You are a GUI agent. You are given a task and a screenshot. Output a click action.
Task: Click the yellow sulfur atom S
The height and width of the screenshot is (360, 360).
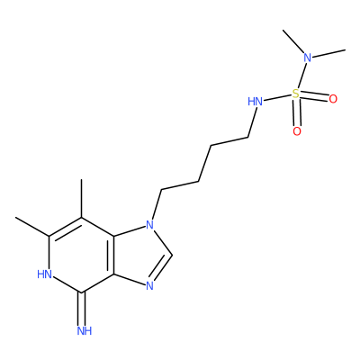click(x=296, y=94)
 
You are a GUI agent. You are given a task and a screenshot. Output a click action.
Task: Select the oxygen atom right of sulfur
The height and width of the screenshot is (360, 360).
click(x=333, y=99)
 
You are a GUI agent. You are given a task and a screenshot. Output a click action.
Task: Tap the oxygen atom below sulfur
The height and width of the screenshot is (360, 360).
click(x=297, y=131)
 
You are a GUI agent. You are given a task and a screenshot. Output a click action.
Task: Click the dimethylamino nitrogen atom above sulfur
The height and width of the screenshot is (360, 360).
click(x=308, y=58)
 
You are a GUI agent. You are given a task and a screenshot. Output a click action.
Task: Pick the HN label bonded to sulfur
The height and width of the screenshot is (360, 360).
click(x=255, y=102)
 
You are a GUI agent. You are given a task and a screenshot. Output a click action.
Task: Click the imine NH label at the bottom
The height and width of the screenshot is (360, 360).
click(x=85, y=331)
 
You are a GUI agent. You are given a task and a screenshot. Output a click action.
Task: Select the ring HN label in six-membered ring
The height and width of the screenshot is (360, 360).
click(x=44, y=274)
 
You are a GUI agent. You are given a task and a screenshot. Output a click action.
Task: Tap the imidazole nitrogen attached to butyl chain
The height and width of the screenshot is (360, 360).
click(x=149, y=224)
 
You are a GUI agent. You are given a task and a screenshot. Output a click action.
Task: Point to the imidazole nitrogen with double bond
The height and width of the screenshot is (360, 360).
click(x=149, y=286)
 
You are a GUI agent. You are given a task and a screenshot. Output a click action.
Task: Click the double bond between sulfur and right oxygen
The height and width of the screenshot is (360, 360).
click(x=314, y=96)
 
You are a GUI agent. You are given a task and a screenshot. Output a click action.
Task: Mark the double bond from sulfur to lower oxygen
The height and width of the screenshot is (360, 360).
click(x=297, y=112)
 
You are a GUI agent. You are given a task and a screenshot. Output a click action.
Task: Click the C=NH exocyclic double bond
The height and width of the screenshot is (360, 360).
click(x=82, y=309)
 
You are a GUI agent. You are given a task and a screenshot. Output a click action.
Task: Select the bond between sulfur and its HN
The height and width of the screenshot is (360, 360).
click(x=277, y=98)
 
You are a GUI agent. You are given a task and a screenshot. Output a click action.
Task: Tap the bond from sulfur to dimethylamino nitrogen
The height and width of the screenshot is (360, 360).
click(x=301, y=76)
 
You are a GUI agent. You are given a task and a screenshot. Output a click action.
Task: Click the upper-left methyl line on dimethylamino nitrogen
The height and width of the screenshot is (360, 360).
click(x=293, y=42)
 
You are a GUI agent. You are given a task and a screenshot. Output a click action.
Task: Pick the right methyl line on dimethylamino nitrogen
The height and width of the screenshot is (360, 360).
click(x=328, y=53)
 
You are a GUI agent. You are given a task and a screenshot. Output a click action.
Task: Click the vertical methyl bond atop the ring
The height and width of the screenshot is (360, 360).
click(x=82, y=198)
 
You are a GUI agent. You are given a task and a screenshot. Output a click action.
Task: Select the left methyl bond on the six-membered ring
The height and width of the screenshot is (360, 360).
click(x=32, y=227)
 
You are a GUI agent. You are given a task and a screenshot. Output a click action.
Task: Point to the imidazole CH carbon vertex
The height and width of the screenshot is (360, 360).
click(x=172, y=255)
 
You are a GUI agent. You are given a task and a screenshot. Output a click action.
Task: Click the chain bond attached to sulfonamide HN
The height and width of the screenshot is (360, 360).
click(x=252, y=122)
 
